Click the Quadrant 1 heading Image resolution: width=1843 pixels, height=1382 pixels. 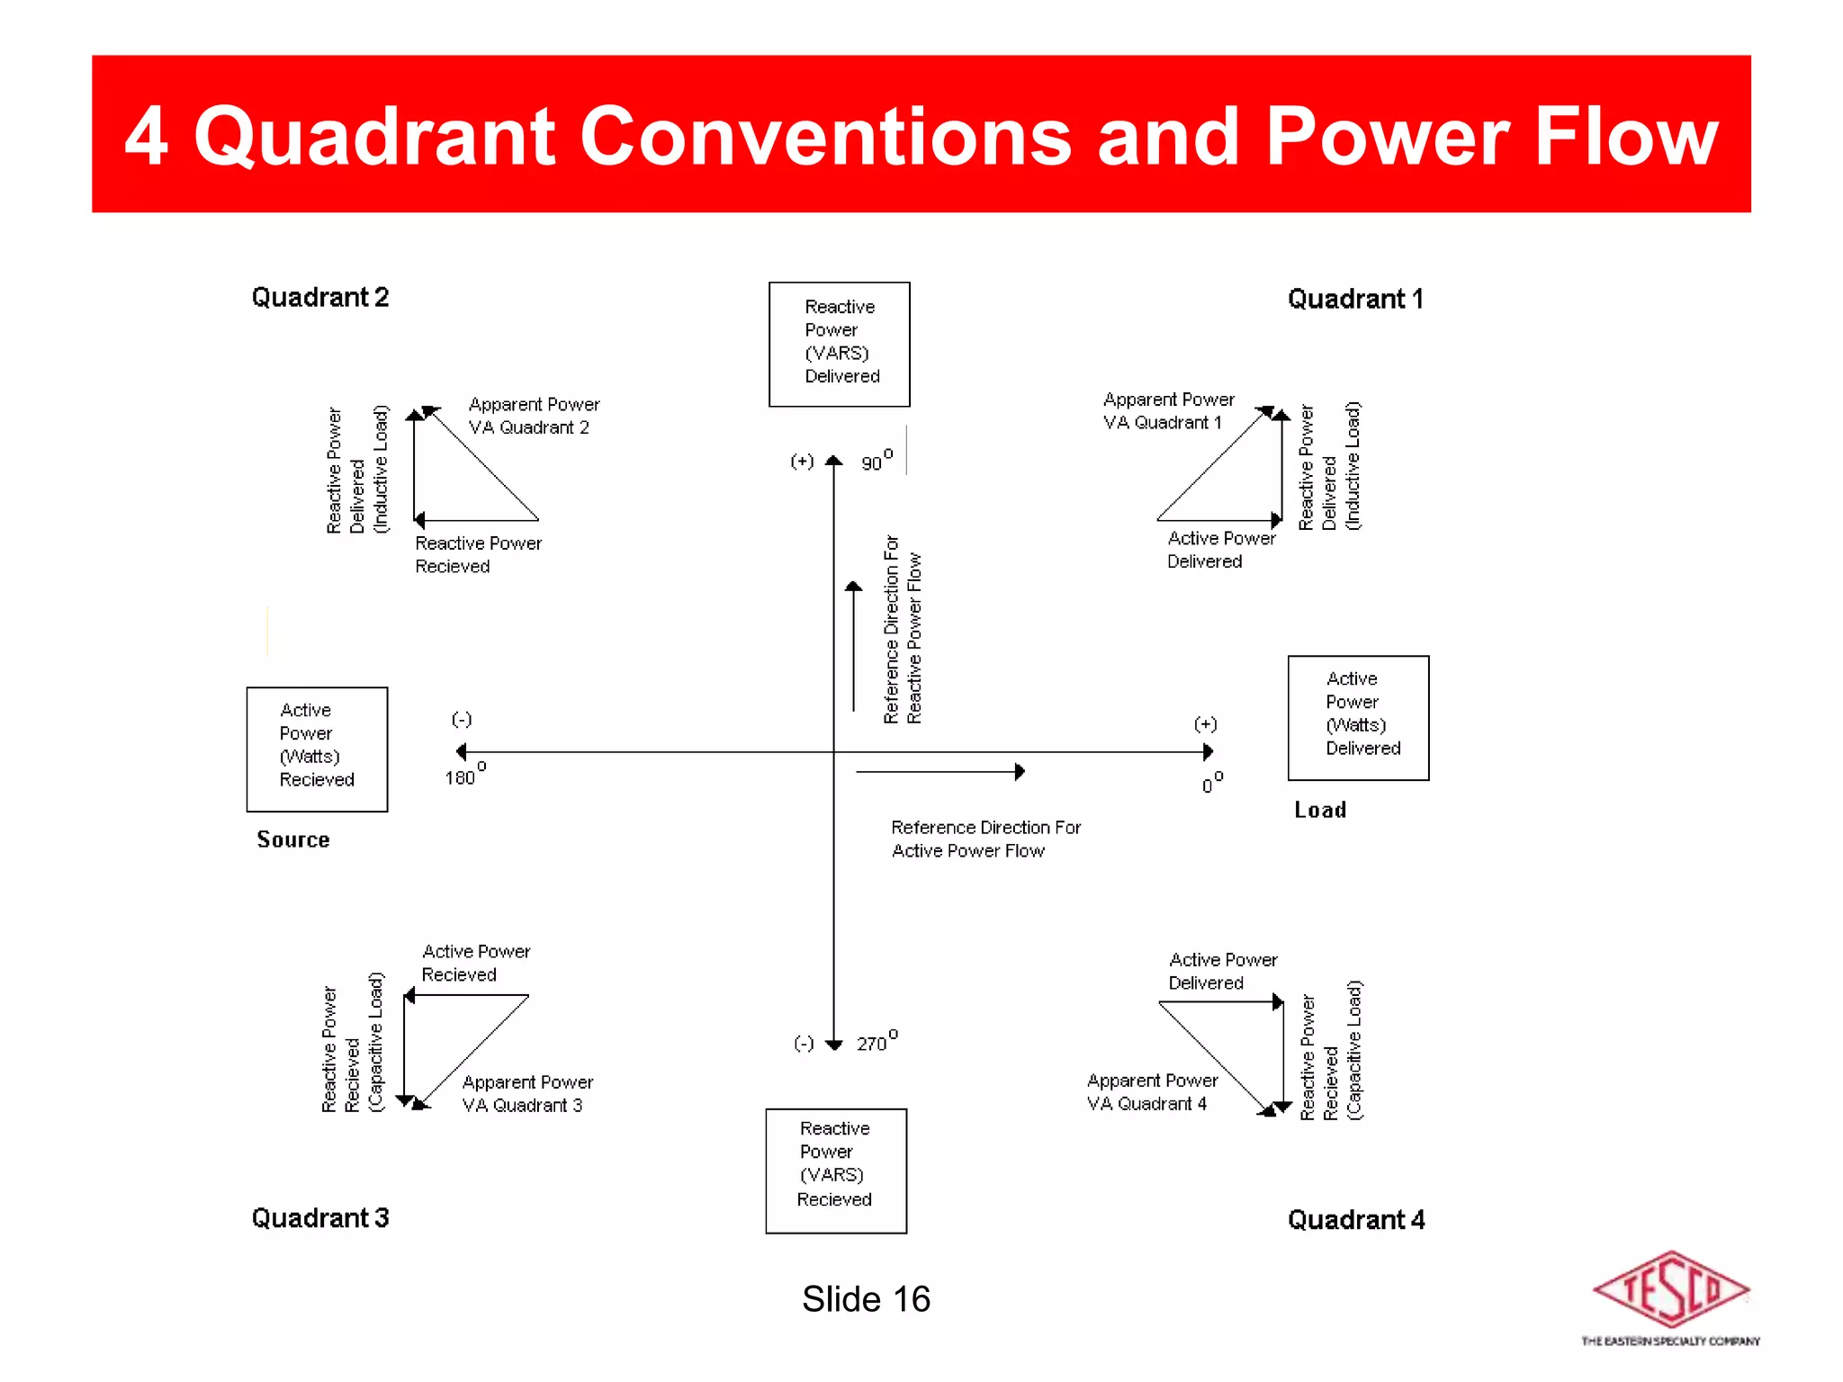1355,300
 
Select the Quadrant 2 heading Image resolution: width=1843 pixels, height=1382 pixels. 319,298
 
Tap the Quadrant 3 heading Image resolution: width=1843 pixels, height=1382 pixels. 319,1218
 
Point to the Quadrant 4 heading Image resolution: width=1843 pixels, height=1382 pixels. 1355,1220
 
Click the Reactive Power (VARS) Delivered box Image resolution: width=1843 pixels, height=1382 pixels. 839,344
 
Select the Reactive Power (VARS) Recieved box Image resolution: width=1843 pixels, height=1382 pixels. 836,1171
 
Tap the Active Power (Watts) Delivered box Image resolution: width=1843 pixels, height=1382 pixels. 1358,717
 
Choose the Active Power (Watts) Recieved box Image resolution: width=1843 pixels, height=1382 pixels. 317,749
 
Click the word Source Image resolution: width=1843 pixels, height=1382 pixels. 293,839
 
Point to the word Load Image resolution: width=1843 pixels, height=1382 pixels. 1320,810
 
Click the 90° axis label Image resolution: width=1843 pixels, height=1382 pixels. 876,461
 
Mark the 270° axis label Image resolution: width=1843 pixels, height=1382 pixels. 876,1042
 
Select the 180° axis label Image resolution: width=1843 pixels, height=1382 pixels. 463,775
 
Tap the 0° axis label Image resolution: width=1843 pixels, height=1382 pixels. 1211,783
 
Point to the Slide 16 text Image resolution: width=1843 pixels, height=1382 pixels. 866,1299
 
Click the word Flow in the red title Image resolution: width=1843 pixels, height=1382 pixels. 1626,137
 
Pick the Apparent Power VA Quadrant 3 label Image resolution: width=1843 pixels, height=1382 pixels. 527,1093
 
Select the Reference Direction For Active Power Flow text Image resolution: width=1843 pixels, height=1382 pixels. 985,839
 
